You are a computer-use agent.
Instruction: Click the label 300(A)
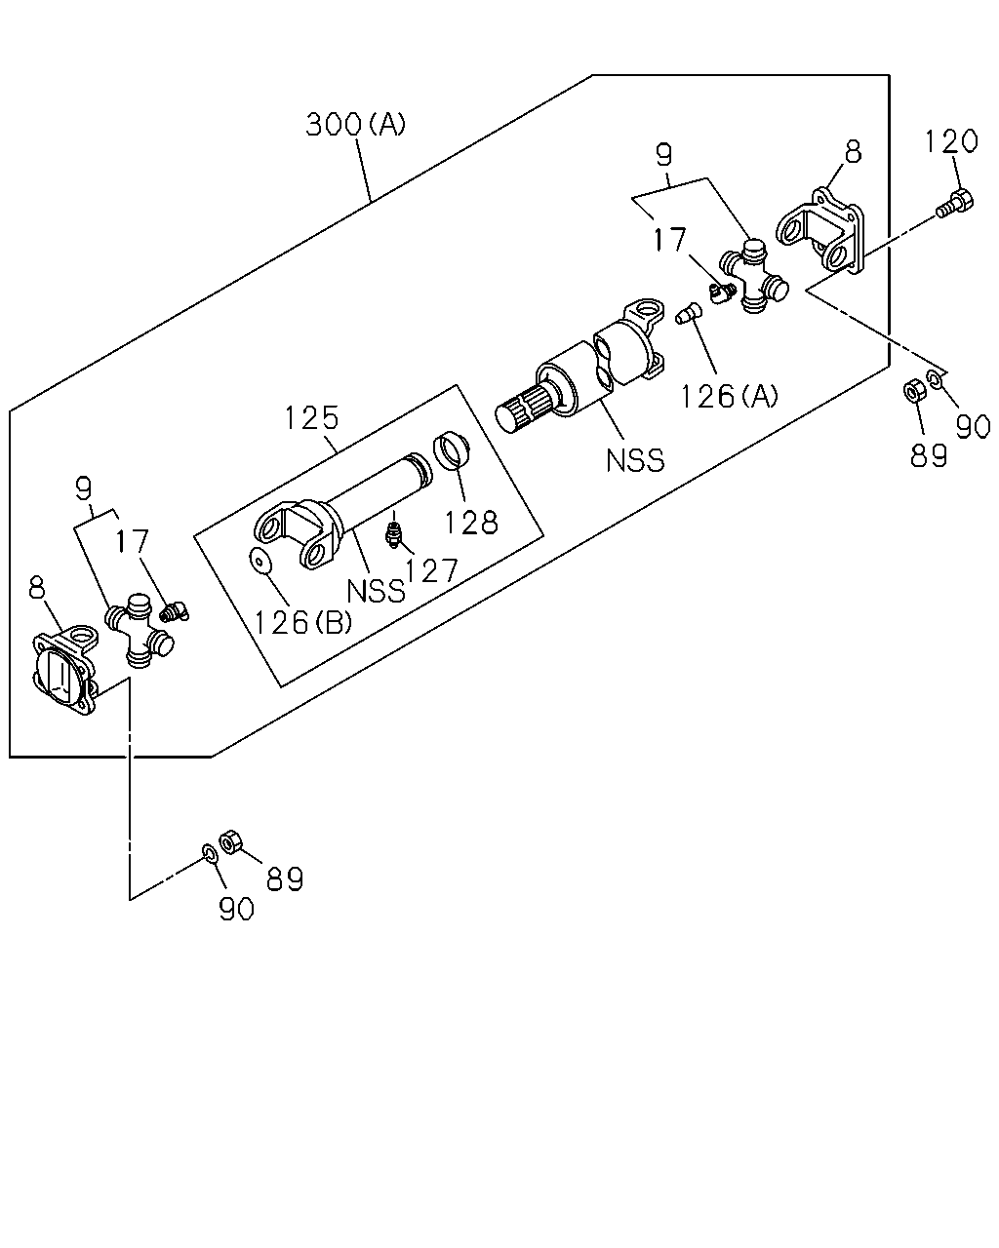(355, 124)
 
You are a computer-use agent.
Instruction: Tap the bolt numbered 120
(955, 203)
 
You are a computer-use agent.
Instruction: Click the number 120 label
(951, 141)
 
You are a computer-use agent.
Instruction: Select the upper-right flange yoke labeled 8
(820, 231)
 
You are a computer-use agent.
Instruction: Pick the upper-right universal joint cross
(754, 276)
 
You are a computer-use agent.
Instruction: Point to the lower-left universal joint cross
(140, 631)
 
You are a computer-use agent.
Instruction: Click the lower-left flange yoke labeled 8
(65, 670)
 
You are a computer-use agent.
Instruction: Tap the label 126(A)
(729, 397)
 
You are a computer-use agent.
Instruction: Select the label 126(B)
(303, 623)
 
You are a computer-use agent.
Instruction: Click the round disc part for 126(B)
(261, 562)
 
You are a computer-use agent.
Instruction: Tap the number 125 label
(312, 417)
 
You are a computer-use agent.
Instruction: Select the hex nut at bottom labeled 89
(230, 841)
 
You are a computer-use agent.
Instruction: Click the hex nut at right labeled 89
(915, 390)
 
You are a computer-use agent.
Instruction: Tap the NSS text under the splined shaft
(634, 461)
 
